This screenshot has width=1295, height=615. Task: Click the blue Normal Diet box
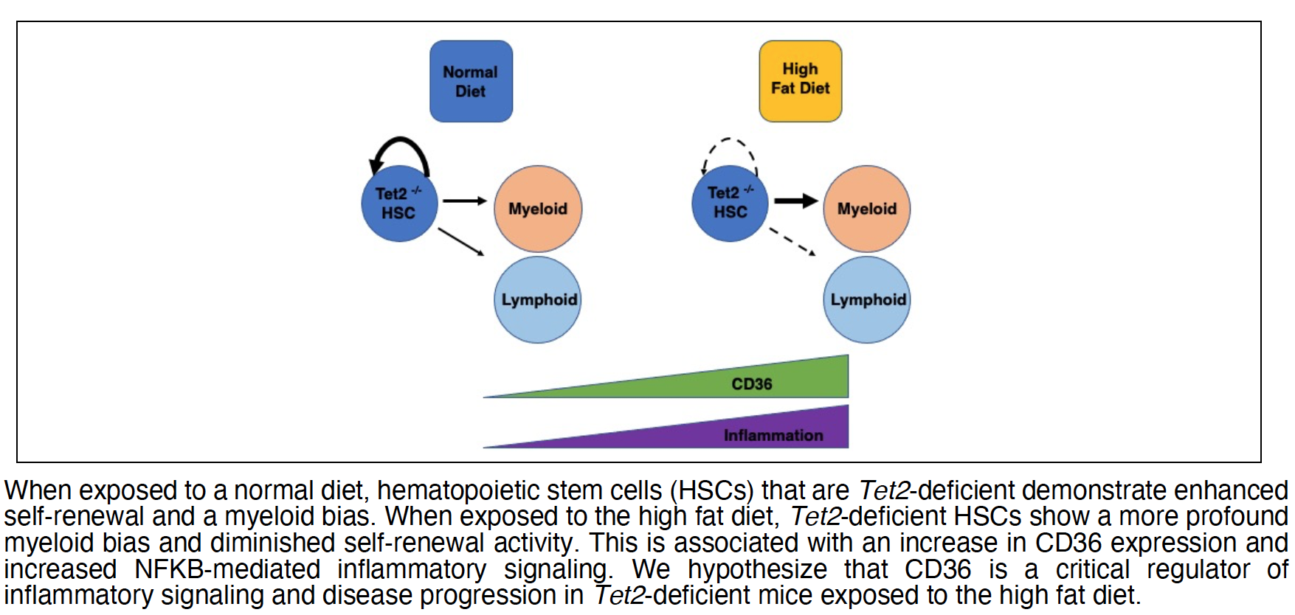471,81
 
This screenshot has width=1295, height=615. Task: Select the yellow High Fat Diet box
800,80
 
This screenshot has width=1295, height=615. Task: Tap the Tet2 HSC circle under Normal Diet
399,204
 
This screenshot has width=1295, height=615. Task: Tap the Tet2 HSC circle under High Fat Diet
730,203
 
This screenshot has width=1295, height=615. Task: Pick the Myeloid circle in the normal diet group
538,209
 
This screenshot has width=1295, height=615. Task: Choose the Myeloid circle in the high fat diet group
866,209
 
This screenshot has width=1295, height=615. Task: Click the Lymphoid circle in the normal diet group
537,299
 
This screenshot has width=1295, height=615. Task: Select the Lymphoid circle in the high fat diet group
866,299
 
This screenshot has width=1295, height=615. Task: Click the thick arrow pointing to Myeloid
795,201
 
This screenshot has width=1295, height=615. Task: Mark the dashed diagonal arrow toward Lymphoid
792,242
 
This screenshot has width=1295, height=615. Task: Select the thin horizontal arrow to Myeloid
464,201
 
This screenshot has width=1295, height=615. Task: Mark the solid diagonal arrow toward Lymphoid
461,242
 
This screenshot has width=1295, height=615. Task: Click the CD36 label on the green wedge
751,384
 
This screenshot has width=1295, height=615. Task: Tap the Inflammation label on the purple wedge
773,435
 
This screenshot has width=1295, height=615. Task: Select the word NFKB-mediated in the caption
227,569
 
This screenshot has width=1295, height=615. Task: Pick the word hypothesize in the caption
757,569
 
